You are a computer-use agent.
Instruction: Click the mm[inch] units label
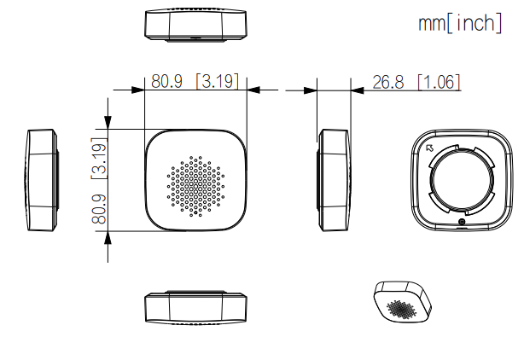coord(458,23)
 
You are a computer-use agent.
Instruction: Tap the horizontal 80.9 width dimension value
coord(168,82)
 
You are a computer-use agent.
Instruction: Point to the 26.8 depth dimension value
coord(389,82)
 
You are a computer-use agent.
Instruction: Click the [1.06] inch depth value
coord(440,82)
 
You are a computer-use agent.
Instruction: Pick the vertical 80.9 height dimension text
coord(99,209)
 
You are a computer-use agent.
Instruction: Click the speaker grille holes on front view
coord(195,183)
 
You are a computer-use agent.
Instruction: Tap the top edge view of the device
coord(195,26)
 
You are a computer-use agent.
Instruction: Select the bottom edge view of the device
coord(195,307)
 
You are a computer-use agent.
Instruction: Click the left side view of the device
coord(42,180)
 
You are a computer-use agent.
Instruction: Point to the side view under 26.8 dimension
coord(333,180)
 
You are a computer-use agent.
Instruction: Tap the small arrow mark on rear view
coord(430,148)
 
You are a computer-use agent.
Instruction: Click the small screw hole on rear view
coord(462,224)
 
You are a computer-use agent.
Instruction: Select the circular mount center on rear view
coord(462,180)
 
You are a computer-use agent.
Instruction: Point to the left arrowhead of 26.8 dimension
coord(310,89)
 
